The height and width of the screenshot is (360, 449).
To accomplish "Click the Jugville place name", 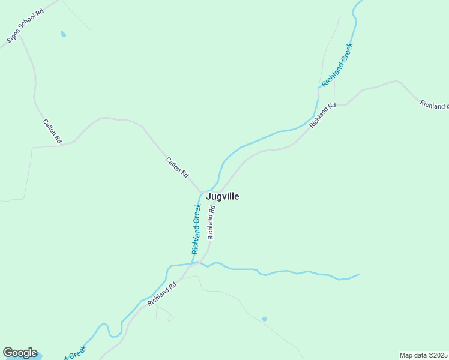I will pos(223,196).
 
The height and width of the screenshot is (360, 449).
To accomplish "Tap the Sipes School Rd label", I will pos(26,25).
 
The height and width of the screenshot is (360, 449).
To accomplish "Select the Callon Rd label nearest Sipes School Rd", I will pos(52,131).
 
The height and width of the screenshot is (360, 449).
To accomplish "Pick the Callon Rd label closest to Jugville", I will pos(177,166).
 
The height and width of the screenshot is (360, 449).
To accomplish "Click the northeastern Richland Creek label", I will pos(336,64).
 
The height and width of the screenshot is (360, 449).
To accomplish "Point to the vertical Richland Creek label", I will pos(196,229).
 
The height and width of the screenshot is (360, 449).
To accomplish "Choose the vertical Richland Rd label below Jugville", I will pos(211,223).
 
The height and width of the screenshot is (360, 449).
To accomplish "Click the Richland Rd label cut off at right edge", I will pos(433,105).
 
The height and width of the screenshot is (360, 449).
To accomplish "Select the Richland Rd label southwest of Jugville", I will pos(161,294).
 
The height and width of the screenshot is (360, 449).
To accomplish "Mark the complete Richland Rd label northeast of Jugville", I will pos(322,116).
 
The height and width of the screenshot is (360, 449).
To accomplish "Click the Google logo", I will pos(20,353).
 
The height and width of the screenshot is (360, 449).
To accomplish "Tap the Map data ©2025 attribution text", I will pos(424,355).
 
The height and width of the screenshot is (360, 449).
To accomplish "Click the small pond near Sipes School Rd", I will pos(64,34).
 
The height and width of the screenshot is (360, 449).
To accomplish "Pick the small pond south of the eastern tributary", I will pos(264,319).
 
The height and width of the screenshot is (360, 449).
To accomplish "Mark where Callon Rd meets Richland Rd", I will pos(202,193).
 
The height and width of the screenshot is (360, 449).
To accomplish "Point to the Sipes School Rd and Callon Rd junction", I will pos(20,36).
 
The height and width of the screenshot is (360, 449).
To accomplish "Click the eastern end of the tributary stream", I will pos(358,275).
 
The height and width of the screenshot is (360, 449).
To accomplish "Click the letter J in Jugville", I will pos(209,196).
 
